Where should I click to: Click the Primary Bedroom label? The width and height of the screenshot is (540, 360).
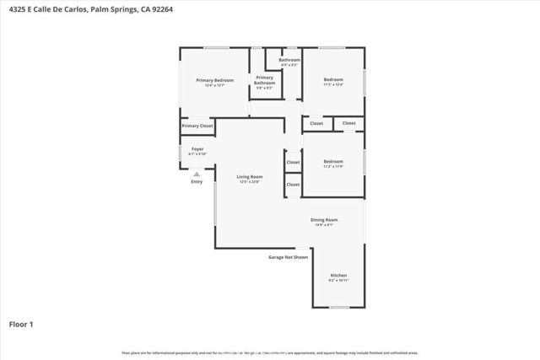coord(214,80)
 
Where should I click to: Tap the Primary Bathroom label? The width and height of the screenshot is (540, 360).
coord(265,80)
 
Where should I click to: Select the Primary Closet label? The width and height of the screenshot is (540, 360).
coord(197,126)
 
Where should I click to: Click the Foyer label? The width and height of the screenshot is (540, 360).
coord(197,149)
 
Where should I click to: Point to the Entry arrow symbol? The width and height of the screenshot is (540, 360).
coord(197,174)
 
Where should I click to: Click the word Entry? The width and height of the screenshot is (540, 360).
coord(197,181)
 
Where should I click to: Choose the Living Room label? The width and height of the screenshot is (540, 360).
coord(250,176)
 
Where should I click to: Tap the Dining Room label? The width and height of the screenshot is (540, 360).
coord(325,219)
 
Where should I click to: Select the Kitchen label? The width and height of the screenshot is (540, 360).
coord(338,275)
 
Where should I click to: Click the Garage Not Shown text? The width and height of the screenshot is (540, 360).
coord(288,256)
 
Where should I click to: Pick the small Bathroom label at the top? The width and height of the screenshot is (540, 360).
coord(290,60)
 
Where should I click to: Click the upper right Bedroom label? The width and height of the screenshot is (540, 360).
coord(333,79)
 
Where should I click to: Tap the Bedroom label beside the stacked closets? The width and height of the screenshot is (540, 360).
coord(333,161)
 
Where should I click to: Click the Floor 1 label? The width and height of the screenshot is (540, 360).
coord(21,323)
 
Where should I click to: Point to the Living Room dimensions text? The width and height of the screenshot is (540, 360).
coord(250,181)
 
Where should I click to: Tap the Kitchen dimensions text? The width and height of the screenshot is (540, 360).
coord(338,280)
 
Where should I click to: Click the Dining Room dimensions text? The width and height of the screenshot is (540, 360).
coord(325,224)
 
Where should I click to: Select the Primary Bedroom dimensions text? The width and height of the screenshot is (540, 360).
coord(214,85)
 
